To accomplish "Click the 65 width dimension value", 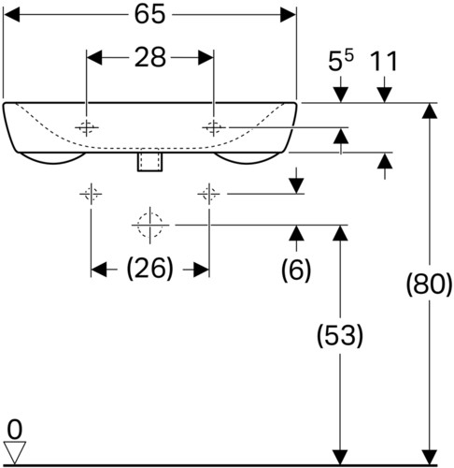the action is [149, 15].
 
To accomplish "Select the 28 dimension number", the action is [149, 58].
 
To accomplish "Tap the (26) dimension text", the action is [149, 269].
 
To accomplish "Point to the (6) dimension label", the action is [296, 270].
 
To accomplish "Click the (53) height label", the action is [340, 336].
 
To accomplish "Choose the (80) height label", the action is [429, 285].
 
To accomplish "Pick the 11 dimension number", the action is [385, 62].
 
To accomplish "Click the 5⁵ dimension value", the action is [341, 61].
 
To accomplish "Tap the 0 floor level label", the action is [15, 430].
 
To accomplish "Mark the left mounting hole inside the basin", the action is [87, 127].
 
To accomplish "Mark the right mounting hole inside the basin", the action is [214, 127].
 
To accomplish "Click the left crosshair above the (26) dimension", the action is [91, 194].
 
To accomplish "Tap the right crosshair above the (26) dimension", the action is [208, 194].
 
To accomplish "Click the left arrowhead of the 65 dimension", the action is [11, 15].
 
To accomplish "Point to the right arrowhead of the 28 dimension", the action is [206, 58].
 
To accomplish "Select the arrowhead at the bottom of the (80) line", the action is [429, 457].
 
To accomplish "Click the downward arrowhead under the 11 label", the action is [385, 95].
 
